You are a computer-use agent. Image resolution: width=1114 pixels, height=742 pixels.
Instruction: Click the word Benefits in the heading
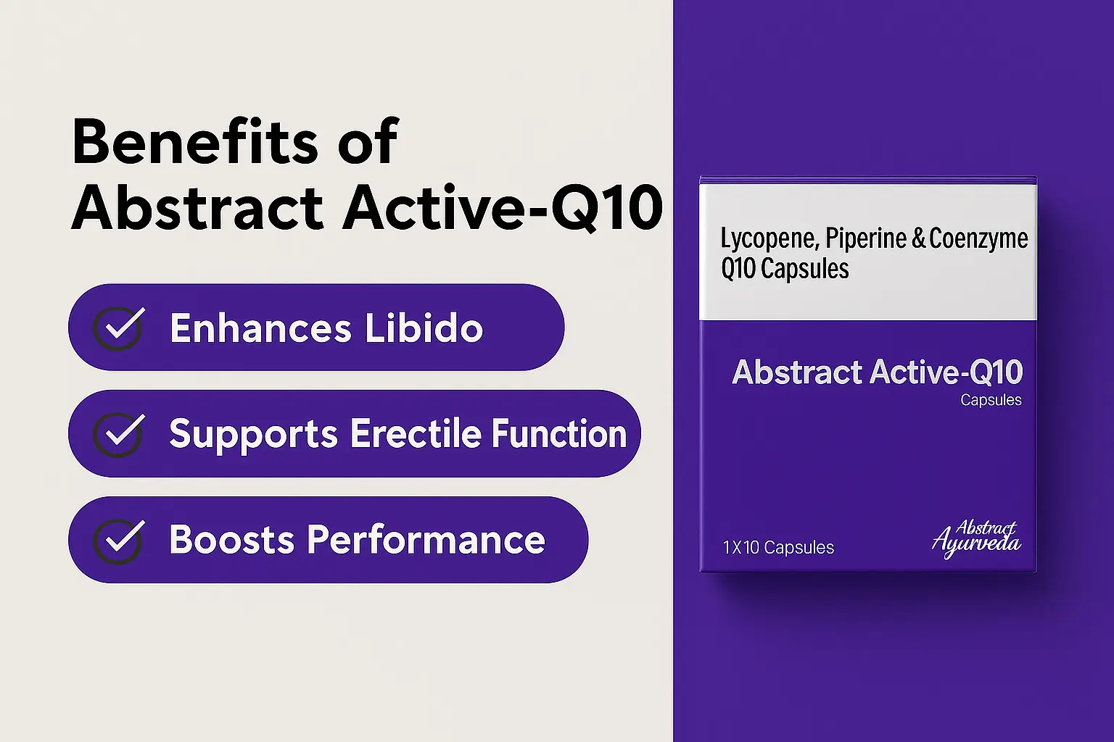[195, 142]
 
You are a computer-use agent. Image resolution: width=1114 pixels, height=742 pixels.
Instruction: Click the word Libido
[424, 328]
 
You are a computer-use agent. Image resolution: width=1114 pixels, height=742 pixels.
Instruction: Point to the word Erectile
[416, 433]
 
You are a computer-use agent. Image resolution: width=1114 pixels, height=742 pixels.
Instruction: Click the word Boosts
[232, 540]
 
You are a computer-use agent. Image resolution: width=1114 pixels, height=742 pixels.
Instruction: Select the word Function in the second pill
[559, 433]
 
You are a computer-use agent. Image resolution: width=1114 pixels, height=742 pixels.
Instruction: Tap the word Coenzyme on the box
[978, 239]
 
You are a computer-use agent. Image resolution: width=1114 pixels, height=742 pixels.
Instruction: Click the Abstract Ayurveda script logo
[976, 539]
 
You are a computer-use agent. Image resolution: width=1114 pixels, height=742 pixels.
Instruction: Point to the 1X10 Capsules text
[778, 548]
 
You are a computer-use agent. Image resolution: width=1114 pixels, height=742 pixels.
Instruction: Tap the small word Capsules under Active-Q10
[991, 400]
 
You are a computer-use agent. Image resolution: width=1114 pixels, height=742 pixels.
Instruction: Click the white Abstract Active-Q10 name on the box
[878, 372]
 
